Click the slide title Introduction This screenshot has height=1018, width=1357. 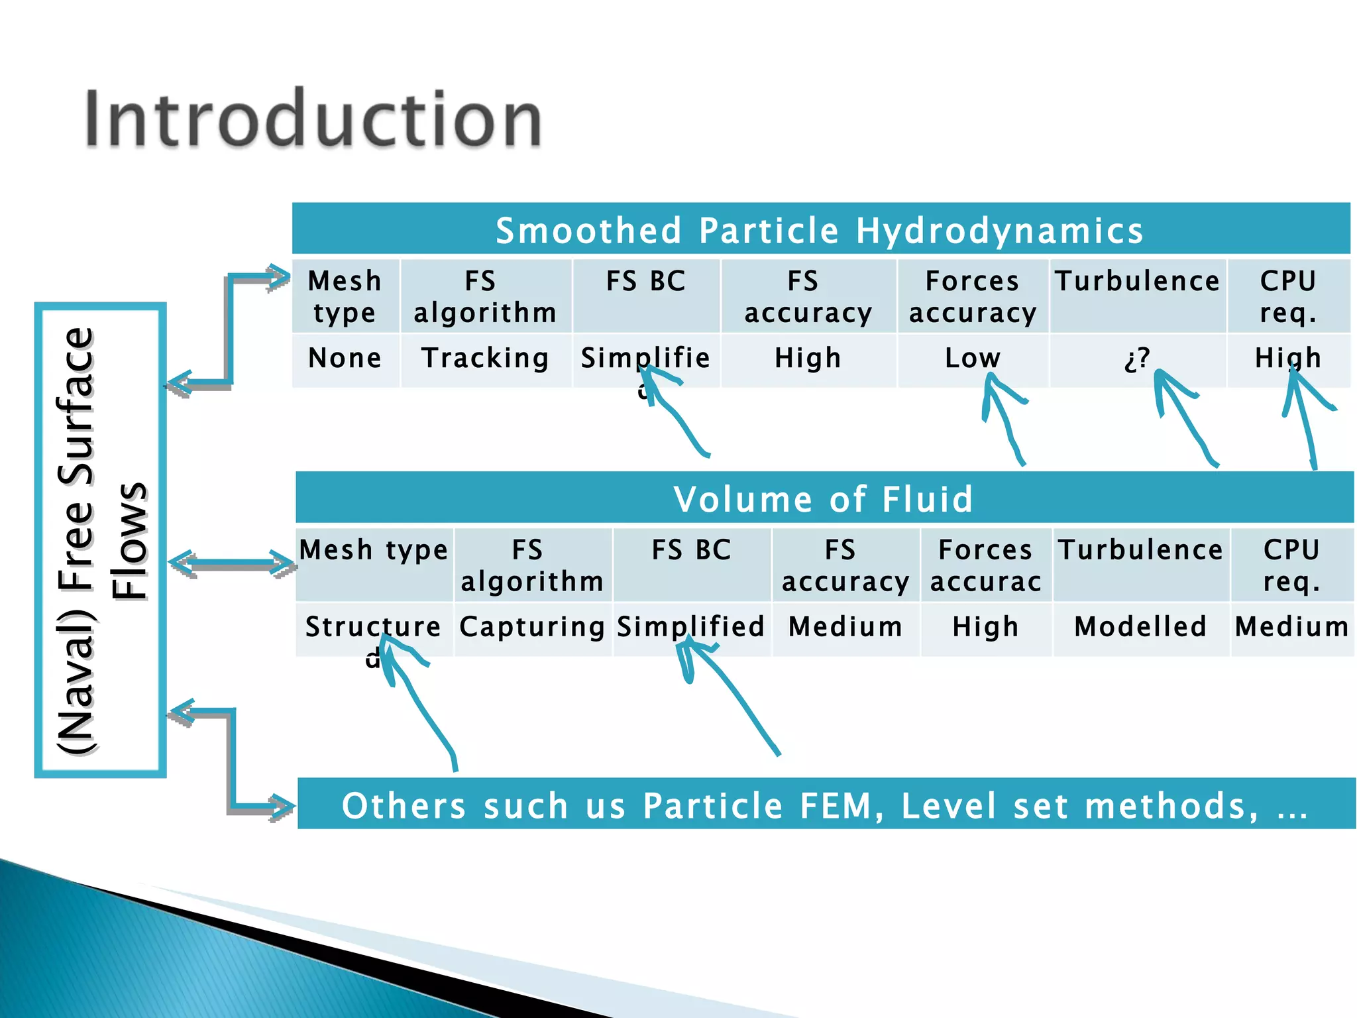pos(313,119)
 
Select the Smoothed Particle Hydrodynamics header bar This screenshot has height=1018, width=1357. pos(820,230)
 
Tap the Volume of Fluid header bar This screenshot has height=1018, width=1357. pos(824,498)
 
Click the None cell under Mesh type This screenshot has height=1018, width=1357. pos(345,359)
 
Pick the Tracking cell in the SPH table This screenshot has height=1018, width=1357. pos(486,359)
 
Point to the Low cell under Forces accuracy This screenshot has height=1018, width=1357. pos(972,359)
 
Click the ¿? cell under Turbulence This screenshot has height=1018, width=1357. pos(1137,359)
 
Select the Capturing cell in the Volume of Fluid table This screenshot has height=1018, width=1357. pos(532,627)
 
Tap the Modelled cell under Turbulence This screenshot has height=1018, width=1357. pos(1140,627)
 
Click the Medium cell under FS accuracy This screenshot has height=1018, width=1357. pos(845,627)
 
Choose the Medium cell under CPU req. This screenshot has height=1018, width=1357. pos(1292,627)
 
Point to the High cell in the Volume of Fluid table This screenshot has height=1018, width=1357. pos(985,627)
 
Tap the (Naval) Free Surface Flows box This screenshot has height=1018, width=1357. pos(100,539)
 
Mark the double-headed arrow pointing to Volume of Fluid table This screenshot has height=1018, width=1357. pos(231,564)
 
